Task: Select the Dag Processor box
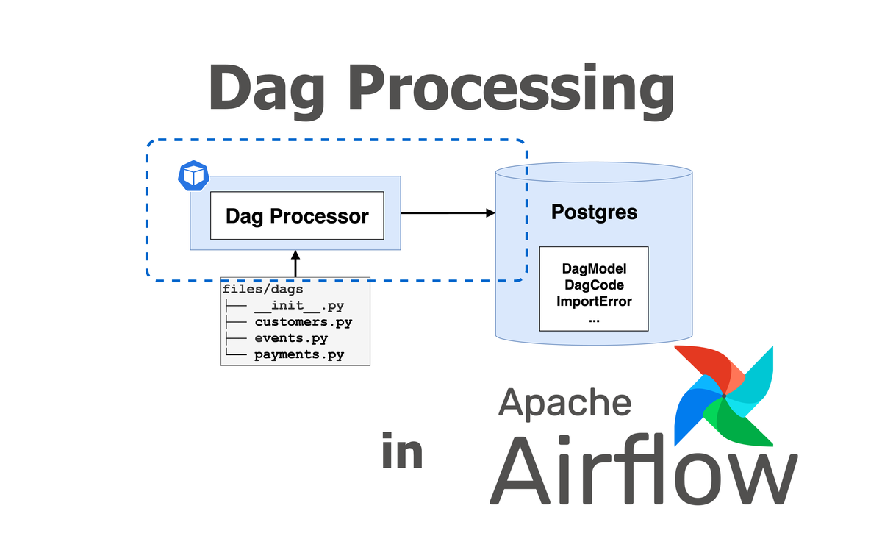(297, 215)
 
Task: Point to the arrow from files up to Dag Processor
(295, 262)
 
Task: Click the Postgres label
(594, 213)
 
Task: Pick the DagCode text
(594, 285)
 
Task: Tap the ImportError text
(594, 301)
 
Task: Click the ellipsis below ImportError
(594, 318)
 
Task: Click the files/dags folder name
(262, 289)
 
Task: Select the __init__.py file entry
(298, 305)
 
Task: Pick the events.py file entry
(291, 338)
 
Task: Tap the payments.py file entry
(299, 355)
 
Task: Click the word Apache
(564, 403)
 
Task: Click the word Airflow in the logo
(643, 471)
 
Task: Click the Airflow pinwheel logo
(724, 396)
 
